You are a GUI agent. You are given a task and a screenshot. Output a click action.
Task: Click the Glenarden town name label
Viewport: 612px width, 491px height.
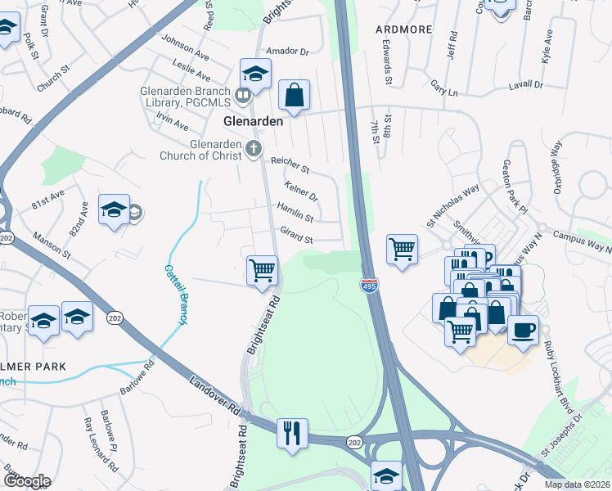tap(254, 120)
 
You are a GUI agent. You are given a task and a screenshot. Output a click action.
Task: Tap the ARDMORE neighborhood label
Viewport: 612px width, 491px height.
tap(403, 29)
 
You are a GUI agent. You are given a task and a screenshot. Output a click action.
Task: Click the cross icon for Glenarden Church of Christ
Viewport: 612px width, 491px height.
tap(253, 148)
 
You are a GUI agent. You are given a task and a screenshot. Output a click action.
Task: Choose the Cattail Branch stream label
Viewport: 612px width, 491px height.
tap(174, 294)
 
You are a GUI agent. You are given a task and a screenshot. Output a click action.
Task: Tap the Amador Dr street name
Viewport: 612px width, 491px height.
tap(293, 51)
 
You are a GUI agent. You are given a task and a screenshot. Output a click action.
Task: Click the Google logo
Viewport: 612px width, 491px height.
tap(27, 481)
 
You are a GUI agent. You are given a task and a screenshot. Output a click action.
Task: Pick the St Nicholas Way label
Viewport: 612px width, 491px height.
tap(452, 205)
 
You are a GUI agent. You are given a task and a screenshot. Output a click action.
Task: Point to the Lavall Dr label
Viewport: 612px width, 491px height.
tap(526, 84)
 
